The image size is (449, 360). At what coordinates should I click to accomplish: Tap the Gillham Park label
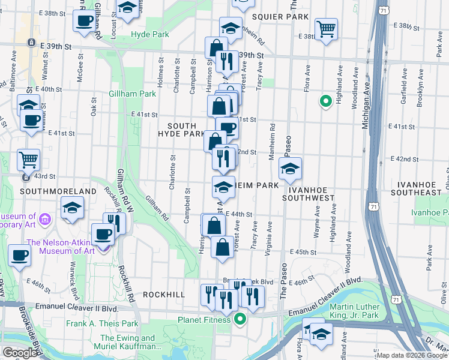click(x=132, y=94)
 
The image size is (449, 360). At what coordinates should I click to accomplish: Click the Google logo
click(x=20, y=352)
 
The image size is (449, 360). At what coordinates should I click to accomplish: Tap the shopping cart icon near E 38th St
click(x=326, y=28)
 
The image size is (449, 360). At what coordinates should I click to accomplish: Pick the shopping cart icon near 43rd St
click(x=28, y=160)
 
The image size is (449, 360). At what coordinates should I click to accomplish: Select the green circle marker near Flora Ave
click(x=325, y=101)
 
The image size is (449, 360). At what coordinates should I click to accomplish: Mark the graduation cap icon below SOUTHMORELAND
click(x=72, y=208)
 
